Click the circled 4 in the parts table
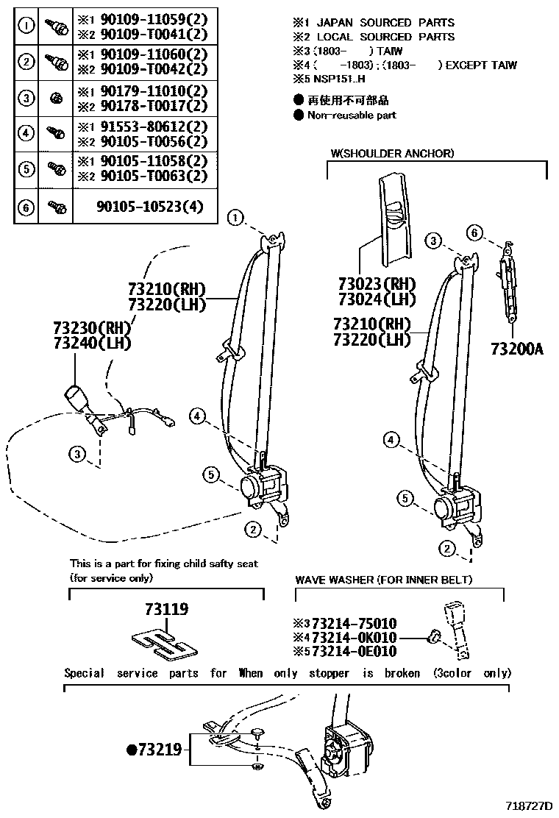(x=26, y=133)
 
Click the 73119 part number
(x=166, y=609)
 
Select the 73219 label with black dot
(x=154, y=750)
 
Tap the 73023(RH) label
(x=377, y=284)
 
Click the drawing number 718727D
(x=529, y=805)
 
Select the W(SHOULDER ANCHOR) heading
(x=392, y=154)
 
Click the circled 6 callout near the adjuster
(x=476, y=233)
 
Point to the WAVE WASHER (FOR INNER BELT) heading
(x=383, y=580)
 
